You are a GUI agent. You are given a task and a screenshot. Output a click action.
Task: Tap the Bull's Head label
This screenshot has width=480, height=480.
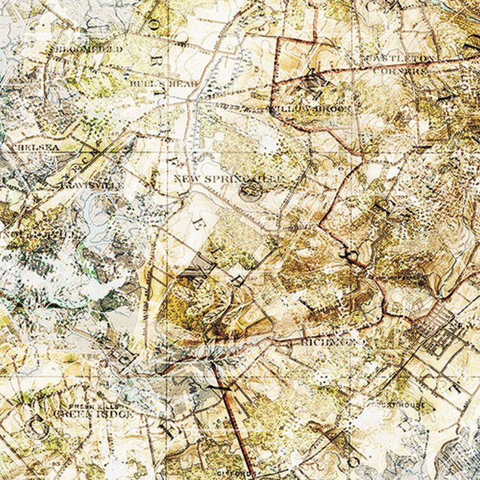[163, 84]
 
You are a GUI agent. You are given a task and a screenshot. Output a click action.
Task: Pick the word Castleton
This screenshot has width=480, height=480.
[400, 58]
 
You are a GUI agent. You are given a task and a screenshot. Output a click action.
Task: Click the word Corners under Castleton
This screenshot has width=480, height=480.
[407, 70]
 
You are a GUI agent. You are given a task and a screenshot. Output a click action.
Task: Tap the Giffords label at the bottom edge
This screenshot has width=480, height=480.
[240, 473]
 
